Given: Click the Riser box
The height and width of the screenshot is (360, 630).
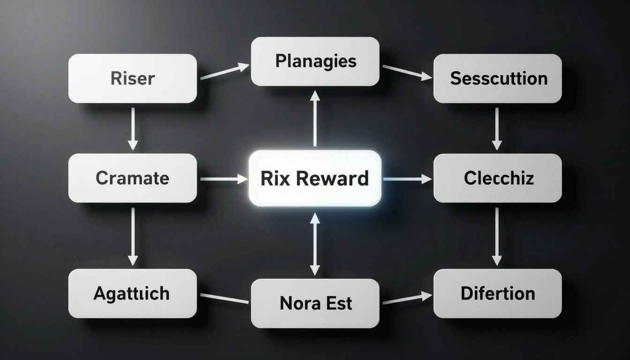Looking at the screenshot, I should (133, 78).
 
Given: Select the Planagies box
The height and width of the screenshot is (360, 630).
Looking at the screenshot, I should (315, 61).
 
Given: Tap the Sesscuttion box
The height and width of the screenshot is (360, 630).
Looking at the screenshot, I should (497, 78).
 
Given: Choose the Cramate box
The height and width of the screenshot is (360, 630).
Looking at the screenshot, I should (133, 178).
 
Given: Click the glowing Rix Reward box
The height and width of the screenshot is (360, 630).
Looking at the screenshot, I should (315, 178).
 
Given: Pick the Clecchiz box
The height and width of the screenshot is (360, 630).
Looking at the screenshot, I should (497, 178).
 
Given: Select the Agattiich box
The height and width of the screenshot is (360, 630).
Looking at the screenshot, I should (133, 293).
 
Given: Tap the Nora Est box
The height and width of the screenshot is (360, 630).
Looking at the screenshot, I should (315, 303).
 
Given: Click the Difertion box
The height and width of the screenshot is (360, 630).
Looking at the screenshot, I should (497, 293).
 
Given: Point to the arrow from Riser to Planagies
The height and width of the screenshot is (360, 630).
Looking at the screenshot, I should (224, 72).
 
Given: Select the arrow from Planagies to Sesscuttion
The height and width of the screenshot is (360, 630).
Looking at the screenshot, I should (406, 72).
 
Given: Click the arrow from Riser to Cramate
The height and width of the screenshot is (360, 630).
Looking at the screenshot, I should (133, 128).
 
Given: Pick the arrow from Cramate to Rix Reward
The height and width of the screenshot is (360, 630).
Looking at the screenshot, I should (223, 179).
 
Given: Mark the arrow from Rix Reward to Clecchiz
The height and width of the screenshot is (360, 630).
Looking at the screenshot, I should (407, 179).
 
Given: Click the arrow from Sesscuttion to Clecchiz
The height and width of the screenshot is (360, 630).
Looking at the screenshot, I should (497, 128).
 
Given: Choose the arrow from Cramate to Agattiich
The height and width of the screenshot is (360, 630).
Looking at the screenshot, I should (133, 236).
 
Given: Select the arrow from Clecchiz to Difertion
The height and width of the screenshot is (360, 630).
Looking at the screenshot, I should (497, 236).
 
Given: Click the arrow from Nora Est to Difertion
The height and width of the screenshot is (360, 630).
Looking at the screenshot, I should (406, 299).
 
